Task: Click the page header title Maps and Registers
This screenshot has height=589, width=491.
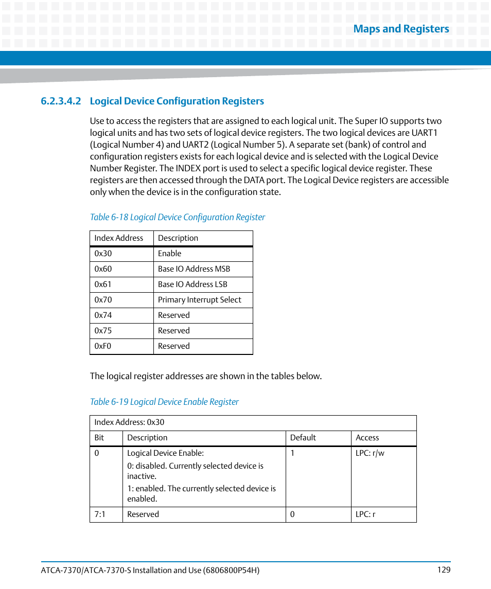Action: [x=400, y=29]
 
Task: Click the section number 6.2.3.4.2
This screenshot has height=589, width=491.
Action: [x=61, y=101]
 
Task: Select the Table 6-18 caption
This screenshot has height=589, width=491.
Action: [x=177, y=217]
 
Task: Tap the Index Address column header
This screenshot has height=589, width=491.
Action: [x=119, y=238]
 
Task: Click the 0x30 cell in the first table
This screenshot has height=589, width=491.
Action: [x=103, y=254]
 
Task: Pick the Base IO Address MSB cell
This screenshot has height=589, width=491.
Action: [x=194, y=269]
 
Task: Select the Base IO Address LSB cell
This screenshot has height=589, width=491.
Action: [x=192, y=284]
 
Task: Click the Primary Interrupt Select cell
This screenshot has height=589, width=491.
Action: [x=199, y=300]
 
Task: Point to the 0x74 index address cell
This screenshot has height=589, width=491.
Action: [x=103, y=315]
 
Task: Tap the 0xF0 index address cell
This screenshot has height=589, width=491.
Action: [x=103, y=346]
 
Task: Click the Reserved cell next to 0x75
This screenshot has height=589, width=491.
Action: [x=174, y=331]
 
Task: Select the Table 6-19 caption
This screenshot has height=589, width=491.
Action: [x=164, y=402]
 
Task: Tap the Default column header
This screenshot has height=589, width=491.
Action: [x=303, y=438]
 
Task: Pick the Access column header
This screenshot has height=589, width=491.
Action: [x=367, y=438]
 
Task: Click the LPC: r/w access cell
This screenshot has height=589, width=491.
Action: [x=370, y=453]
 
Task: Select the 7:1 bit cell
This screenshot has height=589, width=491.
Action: [x=100, y=514]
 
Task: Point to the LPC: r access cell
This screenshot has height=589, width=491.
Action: [x=365, y=514]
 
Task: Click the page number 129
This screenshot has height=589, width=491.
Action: [x=444, y=570]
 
